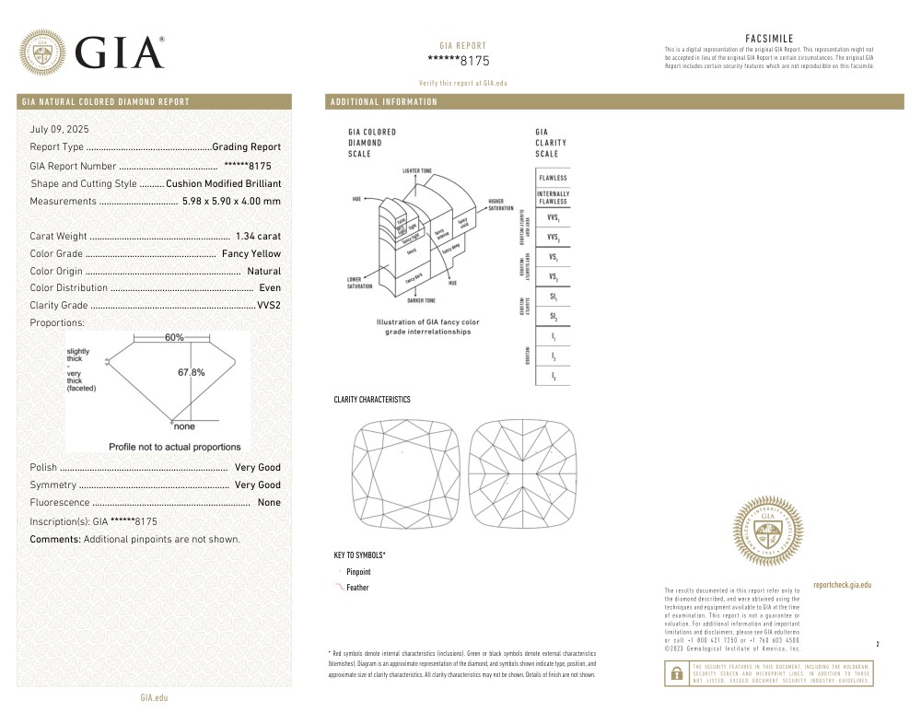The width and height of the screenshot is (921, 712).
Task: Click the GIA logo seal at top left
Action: tap(43, 53)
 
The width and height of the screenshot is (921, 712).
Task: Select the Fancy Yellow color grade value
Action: tap(251, 253)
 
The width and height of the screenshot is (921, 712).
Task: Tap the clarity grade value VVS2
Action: tap(269, 305)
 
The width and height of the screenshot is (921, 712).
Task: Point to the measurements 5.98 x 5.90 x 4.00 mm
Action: tap(231, 201)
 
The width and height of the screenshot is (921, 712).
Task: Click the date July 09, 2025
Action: tap(59, 130)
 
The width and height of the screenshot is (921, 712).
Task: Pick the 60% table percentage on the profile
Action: tap(174, 338)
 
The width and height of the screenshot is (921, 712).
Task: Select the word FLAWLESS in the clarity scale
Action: tap(553, 178)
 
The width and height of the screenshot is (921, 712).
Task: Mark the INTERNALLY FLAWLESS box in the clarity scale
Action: tap(553, 197)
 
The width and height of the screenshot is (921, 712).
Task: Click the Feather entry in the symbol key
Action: tap(357, 588)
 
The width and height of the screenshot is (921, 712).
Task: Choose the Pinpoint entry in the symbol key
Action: tap(358, 572)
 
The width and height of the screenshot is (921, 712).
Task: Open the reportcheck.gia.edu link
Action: tap(842, 585)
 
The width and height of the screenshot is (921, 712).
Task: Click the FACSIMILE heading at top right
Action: tap(769, 38)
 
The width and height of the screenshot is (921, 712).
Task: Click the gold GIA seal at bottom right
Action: tap(767, 531)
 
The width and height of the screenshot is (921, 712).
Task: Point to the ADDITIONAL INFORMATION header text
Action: tap(384, 102)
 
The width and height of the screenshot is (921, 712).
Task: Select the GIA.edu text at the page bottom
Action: tap(154, 699)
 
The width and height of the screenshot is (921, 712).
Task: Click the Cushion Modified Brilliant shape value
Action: tap(223, 183)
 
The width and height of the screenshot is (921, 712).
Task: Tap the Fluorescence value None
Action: tap(269, 502)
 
